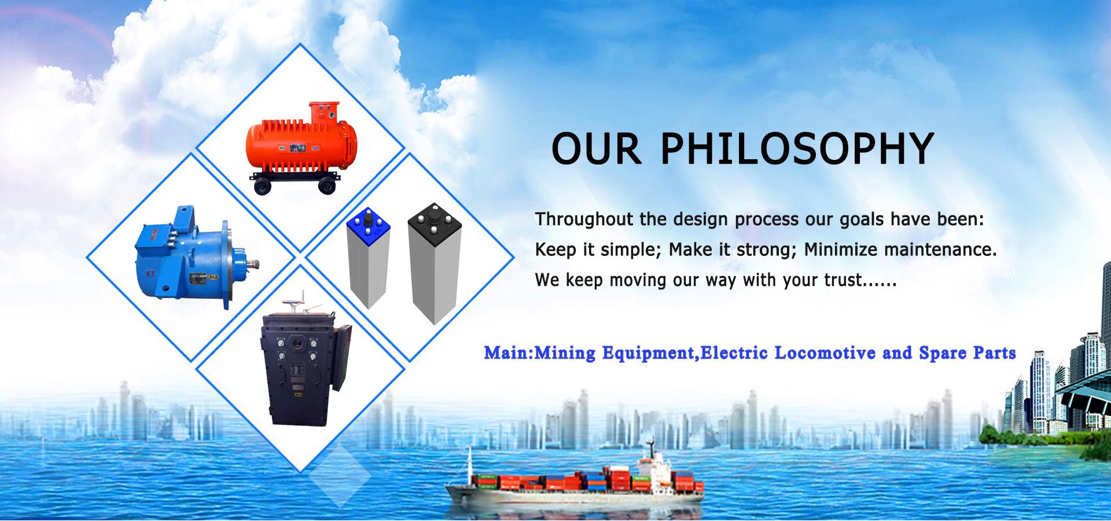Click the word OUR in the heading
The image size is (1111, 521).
597,149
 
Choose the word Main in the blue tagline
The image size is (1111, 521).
507,353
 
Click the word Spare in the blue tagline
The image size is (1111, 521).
941,353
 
